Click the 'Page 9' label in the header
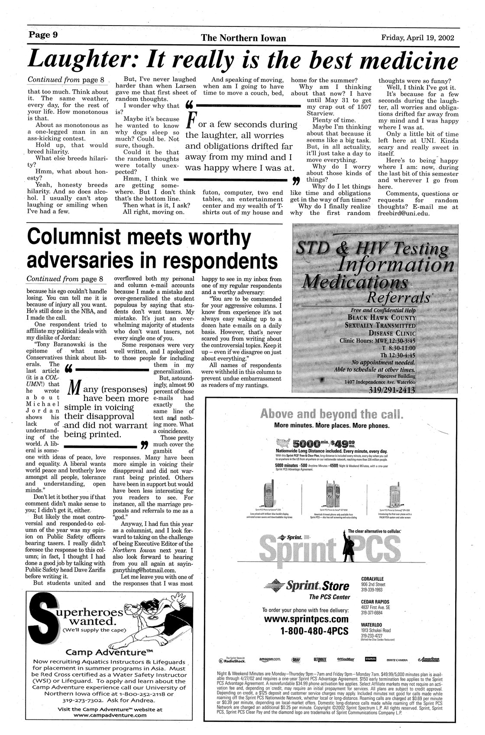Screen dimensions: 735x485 click(x=43, y=35)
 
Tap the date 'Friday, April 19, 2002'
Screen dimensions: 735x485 click(x=417, y=37)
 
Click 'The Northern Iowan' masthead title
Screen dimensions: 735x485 click(x=243, y=38)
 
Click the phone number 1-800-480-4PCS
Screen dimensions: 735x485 click(x=314, y=631)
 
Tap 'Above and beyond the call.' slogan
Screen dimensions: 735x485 click(x=331, y=413)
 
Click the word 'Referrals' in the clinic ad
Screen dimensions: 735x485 click(x=398, y=298)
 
